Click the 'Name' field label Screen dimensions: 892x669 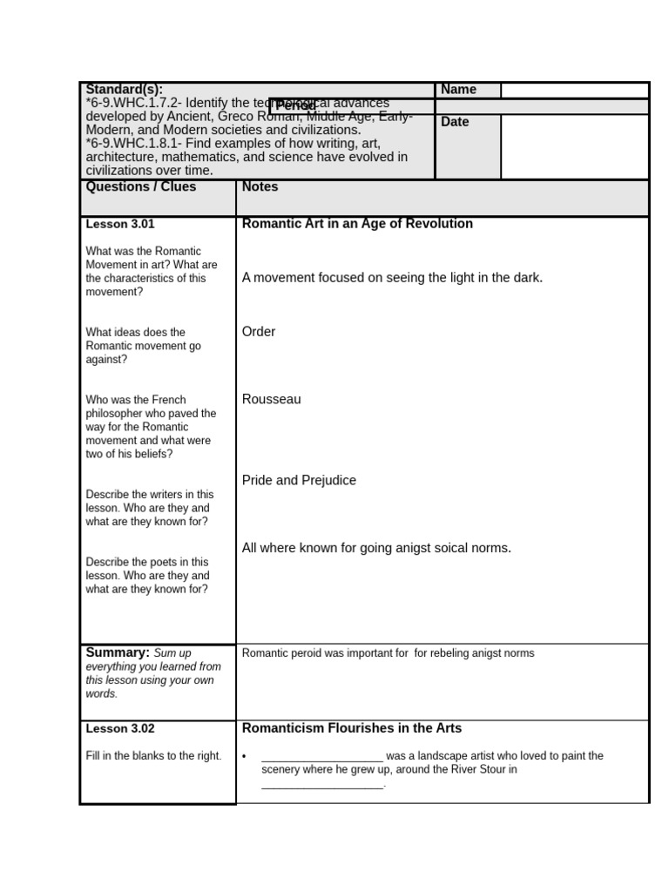tap(458, 90)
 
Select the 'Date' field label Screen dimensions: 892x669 tap(455, 122)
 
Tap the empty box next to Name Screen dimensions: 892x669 tap(574, 90)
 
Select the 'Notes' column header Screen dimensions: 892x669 tap(260, 186)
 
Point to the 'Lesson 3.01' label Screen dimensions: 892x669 tap(120, 224)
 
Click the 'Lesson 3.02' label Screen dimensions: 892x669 tap(120, 728)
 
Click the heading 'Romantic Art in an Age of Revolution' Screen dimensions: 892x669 tap(357, 224)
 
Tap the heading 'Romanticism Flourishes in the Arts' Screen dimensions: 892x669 tap(352, 728)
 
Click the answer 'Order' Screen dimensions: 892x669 tap(259, 332)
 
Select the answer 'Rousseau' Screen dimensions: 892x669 tap(271, 400)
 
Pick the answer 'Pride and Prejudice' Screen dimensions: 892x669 tap(299, 481)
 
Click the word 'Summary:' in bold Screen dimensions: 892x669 tap(118, 652)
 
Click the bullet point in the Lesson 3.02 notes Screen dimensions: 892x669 tap(246, 757)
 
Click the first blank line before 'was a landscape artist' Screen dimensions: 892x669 tap(321, 757)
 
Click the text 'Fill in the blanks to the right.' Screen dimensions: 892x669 tap(153, 756)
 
